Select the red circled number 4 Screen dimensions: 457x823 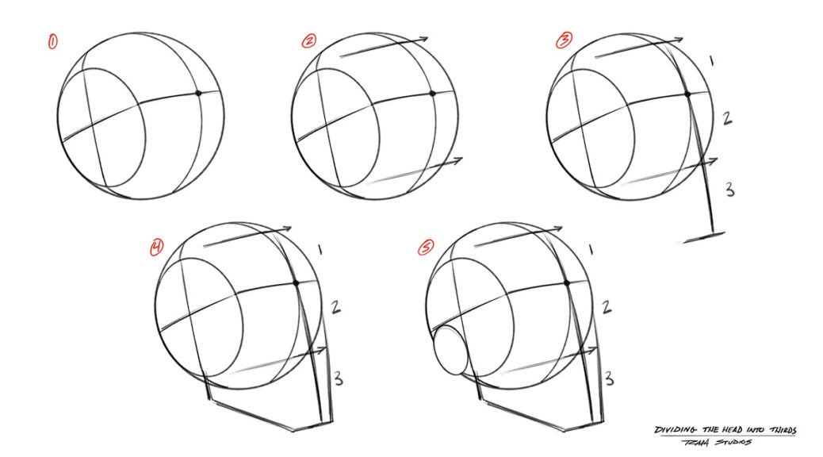click(x=157, y=248)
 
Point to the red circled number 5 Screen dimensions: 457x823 click(x=427, y=248)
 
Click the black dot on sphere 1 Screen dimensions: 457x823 click(x=198, y=94)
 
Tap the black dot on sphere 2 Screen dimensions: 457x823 click(x=433, y=94)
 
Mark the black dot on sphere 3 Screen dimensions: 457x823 click(x=687, y=94)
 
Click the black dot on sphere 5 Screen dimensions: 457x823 click(x=566, y=282)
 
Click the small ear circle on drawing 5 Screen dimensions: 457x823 click(x=452, y=351)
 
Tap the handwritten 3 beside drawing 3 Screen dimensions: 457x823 click(x=730, y=189)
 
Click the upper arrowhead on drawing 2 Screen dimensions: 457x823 click(x=424, y=38)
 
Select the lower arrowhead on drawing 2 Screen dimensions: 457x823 click(x=458, y=161)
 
